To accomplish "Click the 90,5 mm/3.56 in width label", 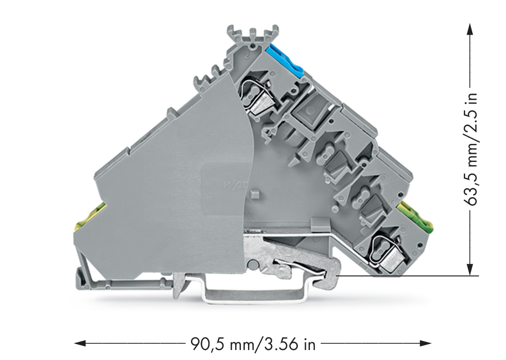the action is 253,344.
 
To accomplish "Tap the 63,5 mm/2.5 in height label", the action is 470,149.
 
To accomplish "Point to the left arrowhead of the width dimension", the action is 80,343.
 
